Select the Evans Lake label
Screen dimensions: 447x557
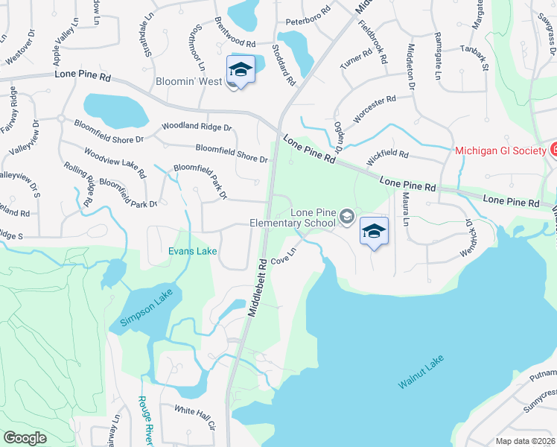click(x=192, y=252)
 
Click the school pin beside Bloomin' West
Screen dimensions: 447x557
click(x=241, y=71)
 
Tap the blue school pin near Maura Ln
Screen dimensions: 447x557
click(x=375, y=232)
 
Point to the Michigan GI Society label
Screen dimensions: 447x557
click(x=500, y=150)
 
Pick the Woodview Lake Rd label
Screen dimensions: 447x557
click(x=115, y=163)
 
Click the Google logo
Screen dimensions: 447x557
click(x=25, y=438)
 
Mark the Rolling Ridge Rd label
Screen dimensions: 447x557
click(x=77, y=183)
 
